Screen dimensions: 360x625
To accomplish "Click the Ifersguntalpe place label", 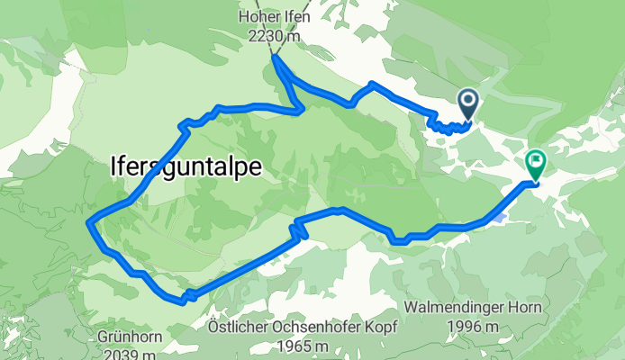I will pos(186,166).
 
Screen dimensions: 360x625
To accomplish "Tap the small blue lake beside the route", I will pos(500,217).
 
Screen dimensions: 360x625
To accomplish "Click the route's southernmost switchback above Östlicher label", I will pos(184,298).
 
